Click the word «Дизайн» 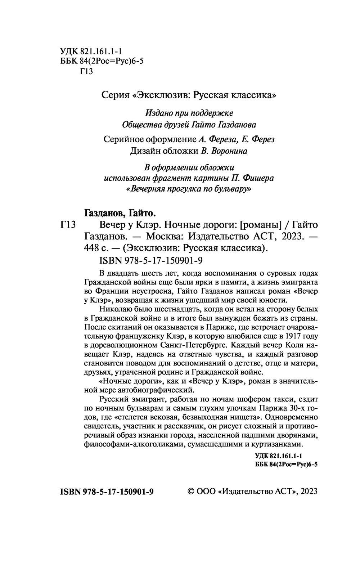(x=145, y=151)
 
